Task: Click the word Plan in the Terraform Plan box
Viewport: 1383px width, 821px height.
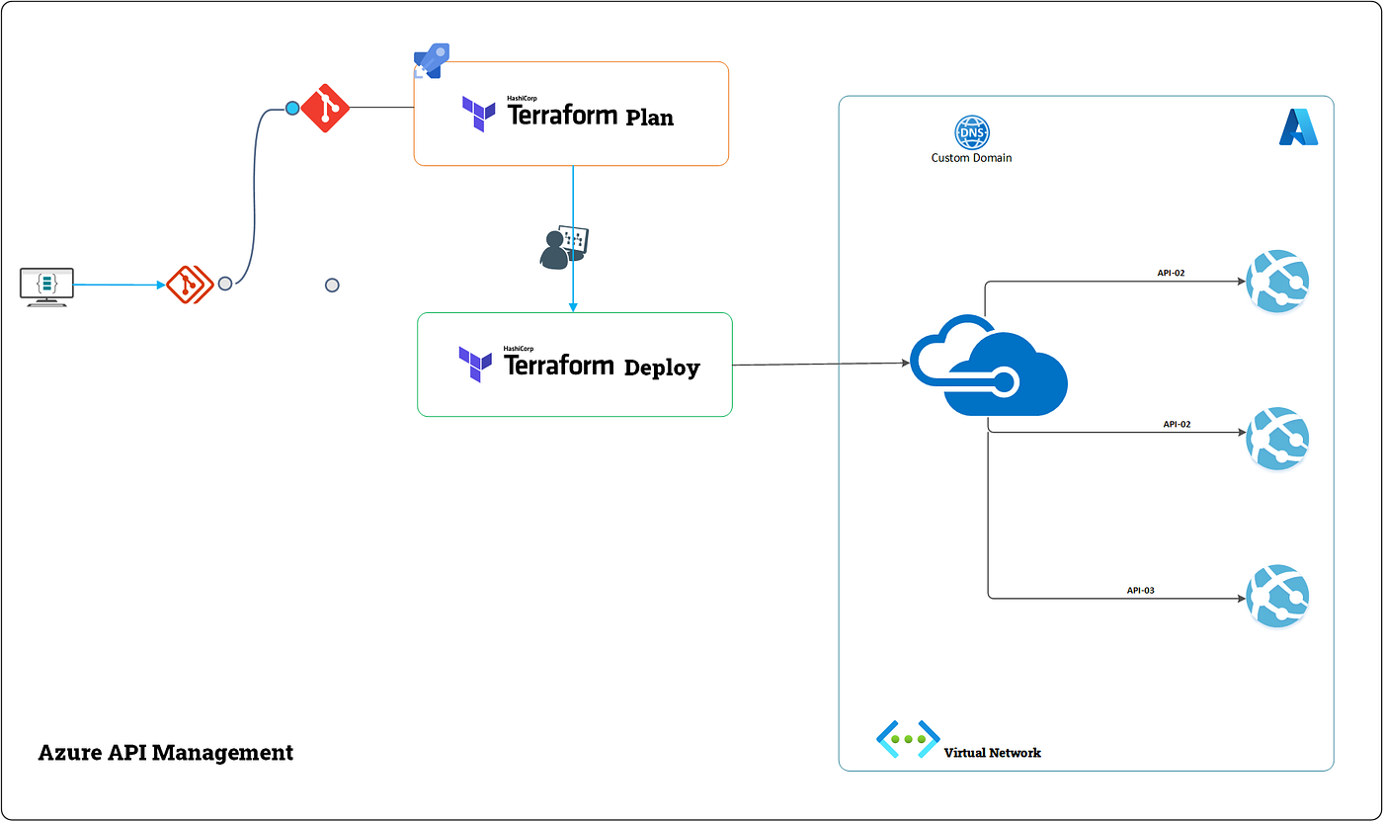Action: (x=649, y=117)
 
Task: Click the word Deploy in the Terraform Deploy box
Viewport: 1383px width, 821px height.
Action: (x=662, y=368)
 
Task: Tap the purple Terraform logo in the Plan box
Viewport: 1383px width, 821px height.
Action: (x=479, y=114)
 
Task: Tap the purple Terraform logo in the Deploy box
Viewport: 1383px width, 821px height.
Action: (x=475, y=364)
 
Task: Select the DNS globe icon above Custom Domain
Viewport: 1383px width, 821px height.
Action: (x=971, y=133)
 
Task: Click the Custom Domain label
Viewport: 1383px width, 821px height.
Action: (x=971, y=158)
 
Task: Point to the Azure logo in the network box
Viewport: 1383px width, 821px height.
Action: (x=1298, y=127)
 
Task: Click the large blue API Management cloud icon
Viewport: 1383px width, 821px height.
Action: (x=988, y=366)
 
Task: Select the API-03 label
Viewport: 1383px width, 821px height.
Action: (x=1140, y=590)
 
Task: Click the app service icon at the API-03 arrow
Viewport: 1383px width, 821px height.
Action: (x=1277, y=596)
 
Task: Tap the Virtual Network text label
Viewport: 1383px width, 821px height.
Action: (x=992, y=753)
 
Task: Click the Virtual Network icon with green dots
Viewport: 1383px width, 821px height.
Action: (x=907, y=739)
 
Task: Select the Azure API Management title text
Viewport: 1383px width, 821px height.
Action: (x=165, y=752)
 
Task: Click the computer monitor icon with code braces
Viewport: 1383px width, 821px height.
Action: (x=46, y=286)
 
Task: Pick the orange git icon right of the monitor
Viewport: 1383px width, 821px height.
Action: (x=190, y=285)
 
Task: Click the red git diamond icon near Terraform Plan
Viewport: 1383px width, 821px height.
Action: (x=325, y=108)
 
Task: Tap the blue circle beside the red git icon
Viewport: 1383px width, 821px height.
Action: (x=292, y=108)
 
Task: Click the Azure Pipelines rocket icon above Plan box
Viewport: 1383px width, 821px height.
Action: (x=432, y=61)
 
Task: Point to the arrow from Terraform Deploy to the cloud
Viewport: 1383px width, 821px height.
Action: (x=820, y=365)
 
